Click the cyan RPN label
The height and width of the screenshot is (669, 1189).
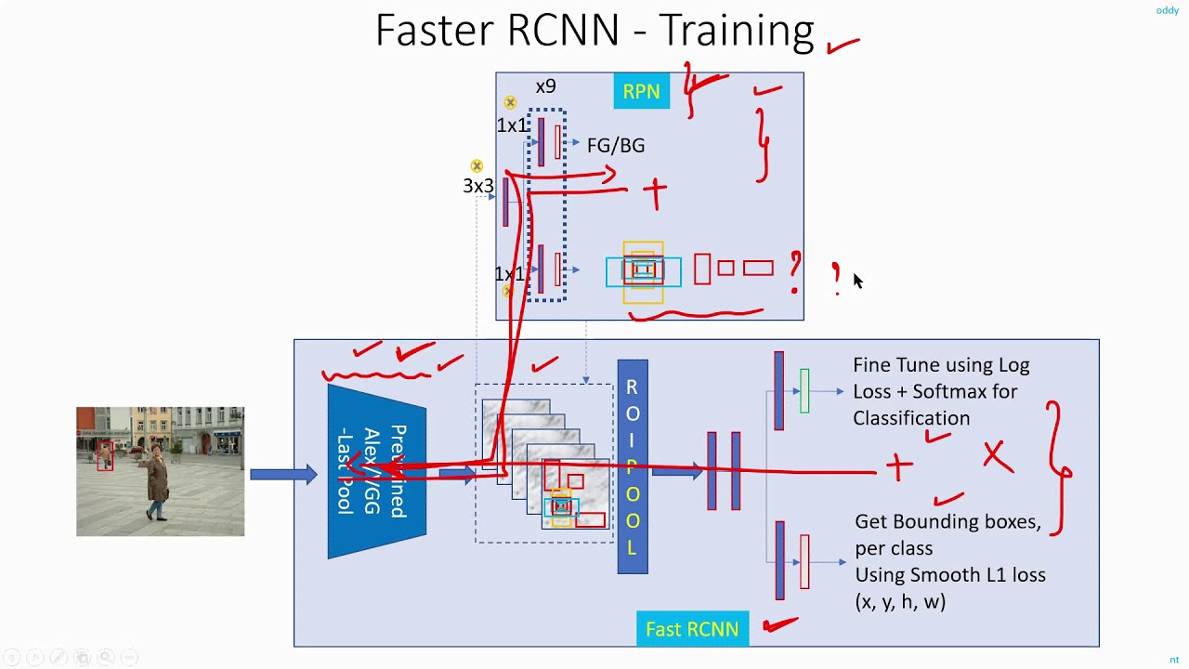coord(641,92)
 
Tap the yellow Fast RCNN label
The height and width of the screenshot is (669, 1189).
coord(692,629)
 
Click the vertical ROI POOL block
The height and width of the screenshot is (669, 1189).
coord(633,466)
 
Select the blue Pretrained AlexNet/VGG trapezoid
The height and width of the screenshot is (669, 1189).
coord(376,472)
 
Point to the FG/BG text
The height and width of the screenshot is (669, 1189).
coord(615,146)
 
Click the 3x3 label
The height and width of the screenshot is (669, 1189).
coord(478,186)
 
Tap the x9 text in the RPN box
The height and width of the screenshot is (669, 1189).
coord(545,86)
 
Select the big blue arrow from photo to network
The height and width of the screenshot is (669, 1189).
coord(283,475)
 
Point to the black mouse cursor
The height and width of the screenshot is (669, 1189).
coord(857,281)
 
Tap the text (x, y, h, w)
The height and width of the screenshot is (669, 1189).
coord(900,601)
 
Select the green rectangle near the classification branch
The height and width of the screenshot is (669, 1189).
coord(804,390)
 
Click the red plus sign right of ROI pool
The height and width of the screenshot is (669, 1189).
coord(898,467)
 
